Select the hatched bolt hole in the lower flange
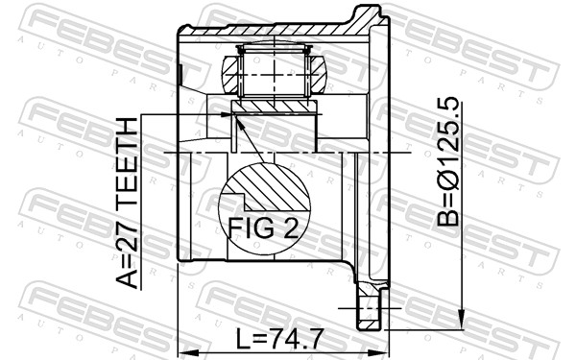point(369,312)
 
